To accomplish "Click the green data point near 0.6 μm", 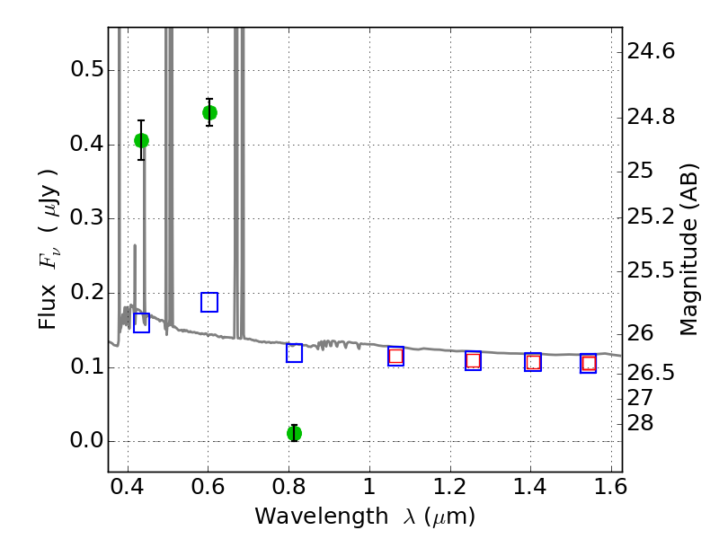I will [209, 112].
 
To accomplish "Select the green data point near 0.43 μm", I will [141, 140].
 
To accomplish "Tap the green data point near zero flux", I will [294, 433].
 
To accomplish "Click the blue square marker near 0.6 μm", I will [209, 302].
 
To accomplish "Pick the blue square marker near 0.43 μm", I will [141, 323].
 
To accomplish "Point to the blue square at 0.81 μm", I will [294, 353].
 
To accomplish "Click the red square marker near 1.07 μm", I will [395, 356].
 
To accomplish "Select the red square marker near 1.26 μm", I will [473, 360].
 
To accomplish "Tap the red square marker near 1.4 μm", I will [533, 362].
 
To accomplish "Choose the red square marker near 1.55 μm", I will [589, 363].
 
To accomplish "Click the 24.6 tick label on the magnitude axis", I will [652, 52].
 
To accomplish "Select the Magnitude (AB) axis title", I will [690, 249].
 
